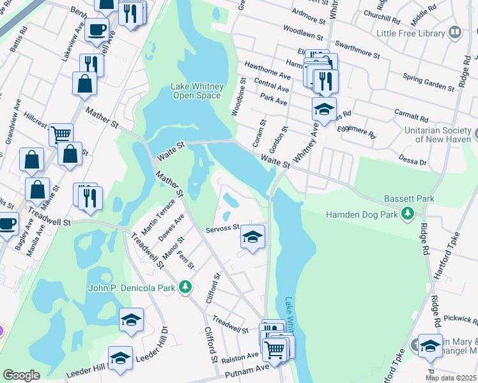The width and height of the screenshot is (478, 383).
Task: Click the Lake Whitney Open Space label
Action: point(196,91)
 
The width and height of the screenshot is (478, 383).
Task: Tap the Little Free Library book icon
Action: point(455,32)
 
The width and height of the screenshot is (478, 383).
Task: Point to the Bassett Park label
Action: point(409,199)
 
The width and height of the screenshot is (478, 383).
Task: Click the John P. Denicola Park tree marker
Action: point(185,288)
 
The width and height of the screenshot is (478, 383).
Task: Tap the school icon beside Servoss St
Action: point(252,237)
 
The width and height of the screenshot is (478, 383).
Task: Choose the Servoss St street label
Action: point(222,227)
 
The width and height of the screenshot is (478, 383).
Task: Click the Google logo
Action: point(21,375)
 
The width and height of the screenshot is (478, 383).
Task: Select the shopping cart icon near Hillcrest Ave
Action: point(61,134)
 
